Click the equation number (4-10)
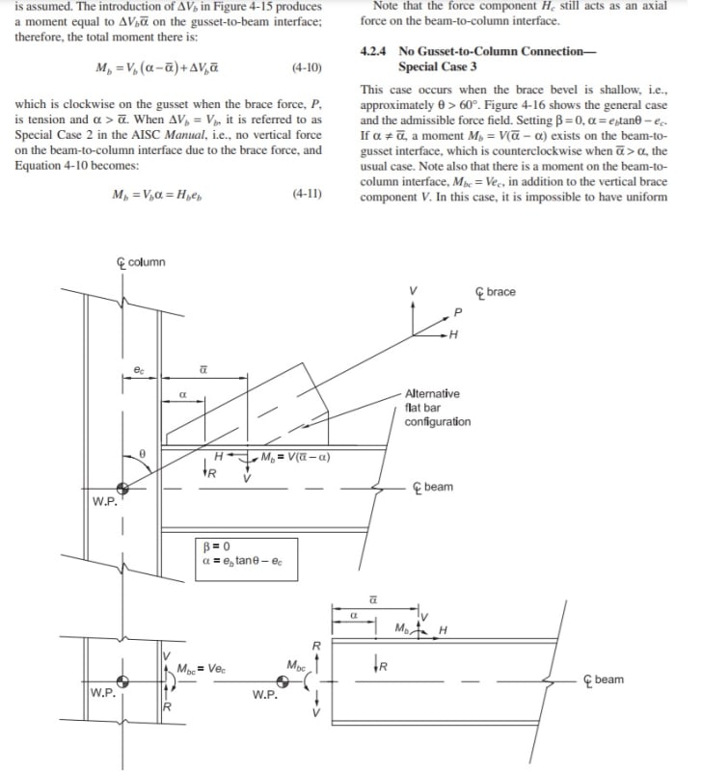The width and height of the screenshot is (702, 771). [x=306, y=68]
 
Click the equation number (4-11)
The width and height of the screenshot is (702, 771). [x=306, y=194]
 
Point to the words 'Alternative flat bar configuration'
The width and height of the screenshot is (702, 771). [x=438, y=408]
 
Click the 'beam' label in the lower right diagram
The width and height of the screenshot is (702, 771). [x=608, y=679]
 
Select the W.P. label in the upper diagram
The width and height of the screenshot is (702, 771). [x=104, y=501]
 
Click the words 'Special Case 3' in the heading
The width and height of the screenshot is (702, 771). [x=437, y=66]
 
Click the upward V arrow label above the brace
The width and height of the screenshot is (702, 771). [x=414, y=290]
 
